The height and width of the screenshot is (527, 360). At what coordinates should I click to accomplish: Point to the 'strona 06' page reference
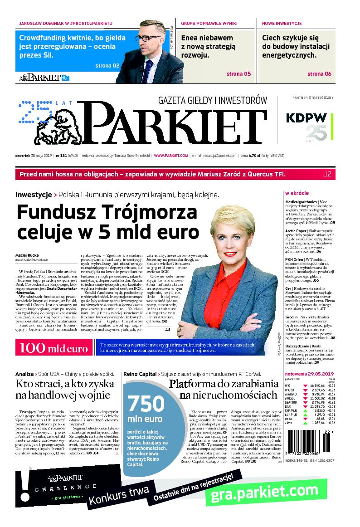tap(319, 74)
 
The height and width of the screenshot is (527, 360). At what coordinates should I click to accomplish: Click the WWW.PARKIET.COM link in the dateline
tap(170, 156)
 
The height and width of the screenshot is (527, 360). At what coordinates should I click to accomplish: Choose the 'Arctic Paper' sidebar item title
tap(297, 230)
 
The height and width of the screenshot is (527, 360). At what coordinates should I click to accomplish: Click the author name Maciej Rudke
tap(26, 255)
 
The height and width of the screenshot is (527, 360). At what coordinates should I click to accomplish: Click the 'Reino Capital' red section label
tap(139, 374)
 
